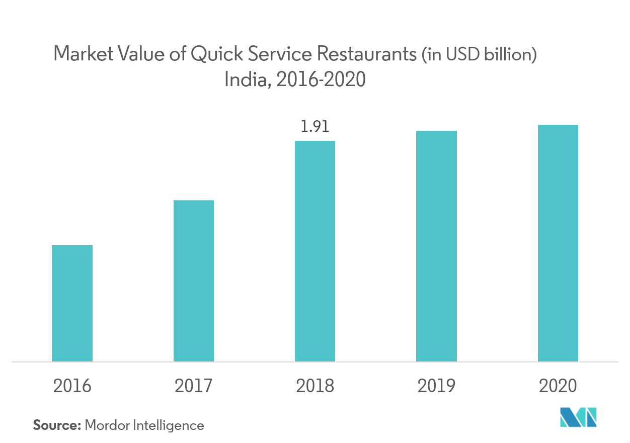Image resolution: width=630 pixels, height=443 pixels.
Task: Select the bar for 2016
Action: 72,303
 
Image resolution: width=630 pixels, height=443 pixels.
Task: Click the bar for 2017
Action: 194,281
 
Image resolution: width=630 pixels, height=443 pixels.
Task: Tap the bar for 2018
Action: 315,251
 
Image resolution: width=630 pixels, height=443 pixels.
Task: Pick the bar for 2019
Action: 436,246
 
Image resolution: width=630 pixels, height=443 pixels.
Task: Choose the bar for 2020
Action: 558,243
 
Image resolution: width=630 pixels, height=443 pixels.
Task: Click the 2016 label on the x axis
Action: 72,386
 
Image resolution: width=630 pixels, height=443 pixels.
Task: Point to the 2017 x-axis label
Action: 194,386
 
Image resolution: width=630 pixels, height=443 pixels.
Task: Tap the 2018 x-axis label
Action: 315,386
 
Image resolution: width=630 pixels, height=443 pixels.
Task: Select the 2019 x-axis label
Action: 436,386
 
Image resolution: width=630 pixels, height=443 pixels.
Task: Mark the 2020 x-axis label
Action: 558,386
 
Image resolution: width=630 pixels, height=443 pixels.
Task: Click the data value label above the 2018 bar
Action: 315,126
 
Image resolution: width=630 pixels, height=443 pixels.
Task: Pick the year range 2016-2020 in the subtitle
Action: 320,80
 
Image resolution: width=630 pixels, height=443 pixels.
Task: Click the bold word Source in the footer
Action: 57,425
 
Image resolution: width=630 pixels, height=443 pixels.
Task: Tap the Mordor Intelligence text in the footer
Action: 144,425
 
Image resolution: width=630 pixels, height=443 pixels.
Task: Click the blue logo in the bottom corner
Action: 578,418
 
